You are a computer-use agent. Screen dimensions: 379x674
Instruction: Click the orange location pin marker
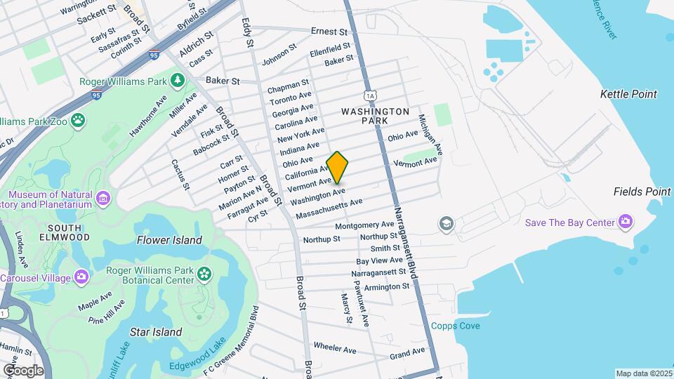(337, 167)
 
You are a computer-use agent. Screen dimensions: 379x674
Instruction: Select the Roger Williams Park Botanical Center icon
(204, 273)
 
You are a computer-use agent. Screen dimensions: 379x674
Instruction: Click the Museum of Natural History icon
(104, 199)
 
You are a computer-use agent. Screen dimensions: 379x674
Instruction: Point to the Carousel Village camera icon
(81, 277)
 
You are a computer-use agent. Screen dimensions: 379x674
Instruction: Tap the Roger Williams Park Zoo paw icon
(77, 121)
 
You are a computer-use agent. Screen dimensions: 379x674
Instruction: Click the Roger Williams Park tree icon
(178, 81)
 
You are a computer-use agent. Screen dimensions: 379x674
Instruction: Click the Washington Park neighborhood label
(375, 116)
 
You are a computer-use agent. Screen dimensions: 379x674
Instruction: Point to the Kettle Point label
(628, 94)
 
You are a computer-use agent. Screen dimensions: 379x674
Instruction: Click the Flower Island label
(169, 240)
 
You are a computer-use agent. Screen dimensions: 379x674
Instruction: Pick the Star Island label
(156, 331)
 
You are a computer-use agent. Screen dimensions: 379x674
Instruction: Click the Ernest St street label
(329, 32)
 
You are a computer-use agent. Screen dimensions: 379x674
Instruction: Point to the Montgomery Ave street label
(364, 225)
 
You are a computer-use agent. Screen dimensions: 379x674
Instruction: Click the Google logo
(23, 370)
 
